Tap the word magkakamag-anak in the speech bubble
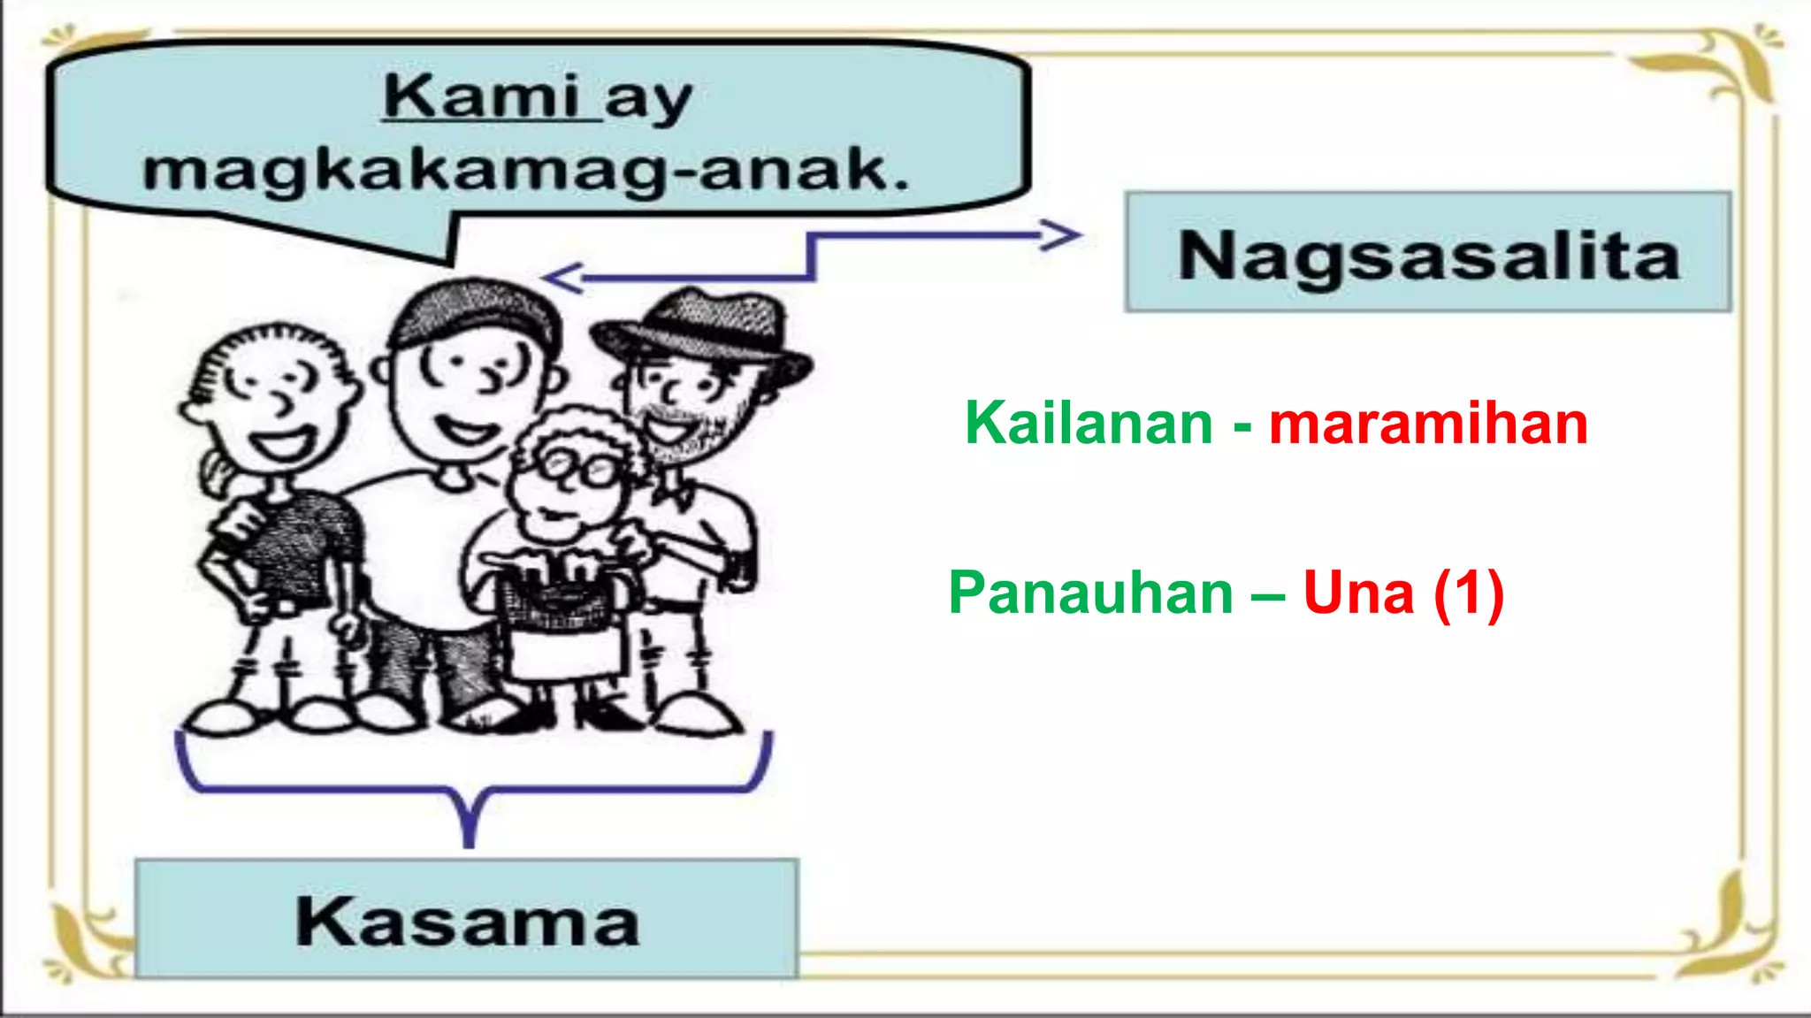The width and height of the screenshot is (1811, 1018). click(x=526, y=170)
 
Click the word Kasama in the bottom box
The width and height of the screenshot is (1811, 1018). click(x=467, y=922)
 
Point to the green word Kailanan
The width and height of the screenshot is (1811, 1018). click(x=1089, y=423)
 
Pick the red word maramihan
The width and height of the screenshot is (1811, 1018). click(x=1428, y=423)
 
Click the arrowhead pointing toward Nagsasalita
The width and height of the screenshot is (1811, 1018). click(x=1061, y=235)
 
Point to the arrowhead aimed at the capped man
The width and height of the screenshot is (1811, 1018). click(x=562, y=278)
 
